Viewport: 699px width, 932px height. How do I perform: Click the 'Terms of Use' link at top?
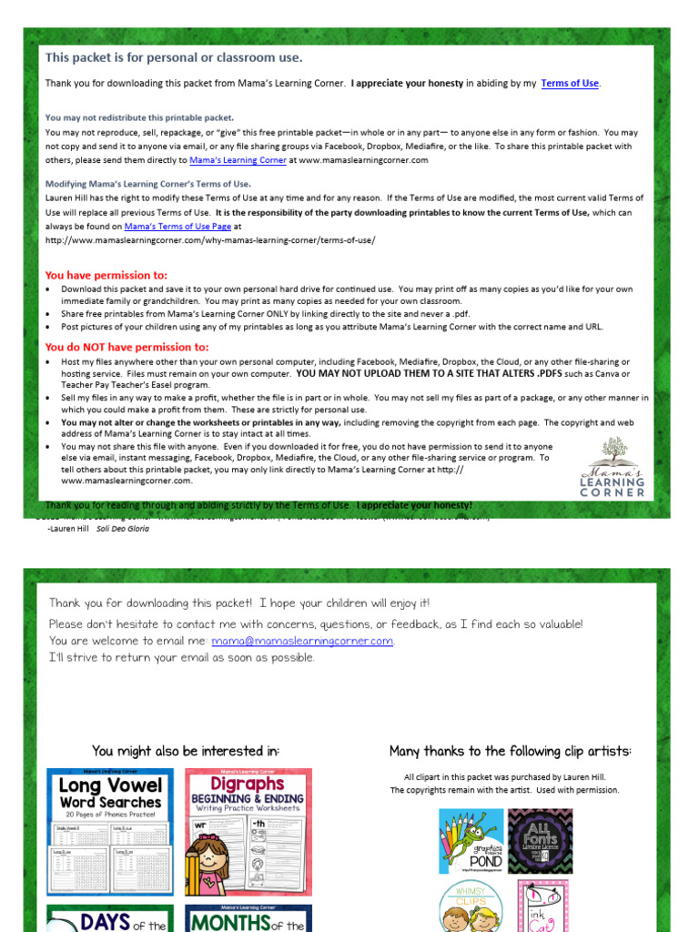pos(570,84)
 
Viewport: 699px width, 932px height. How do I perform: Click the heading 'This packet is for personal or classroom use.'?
pos(174,57)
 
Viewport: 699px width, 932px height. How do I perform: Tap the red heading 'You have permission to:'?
pos(106,275)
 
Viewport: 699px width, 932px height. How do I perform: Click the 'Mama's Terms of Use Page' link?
pos(177,226)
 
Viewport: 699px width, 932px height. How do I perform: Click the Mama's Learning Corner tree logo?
pos(613,466)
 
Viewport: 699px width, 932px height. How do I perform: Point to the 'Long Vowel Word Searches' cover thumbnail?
pos(110,831)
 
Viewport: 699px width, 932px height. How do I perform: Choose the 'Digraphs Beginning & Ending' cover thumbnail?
pos(248,831)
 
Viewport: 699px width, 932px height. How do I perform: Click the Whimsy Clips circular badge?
pos(471,907)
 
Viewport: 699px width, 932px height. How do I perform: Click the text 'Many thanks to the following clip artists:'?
pos(510,751)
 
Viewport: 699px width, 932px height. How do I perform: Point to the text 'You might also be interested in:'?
pos(186,751)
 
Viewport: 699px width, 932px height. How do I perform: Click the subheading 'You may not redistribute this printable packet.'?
pos(139,117)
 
